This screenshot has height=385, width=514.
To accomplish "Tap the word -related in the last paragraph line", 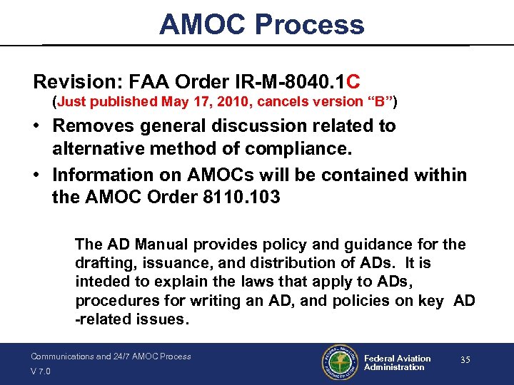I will click(x=103, y=319).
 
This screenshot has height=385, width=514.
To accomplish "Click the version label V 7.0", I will click(x=40, y=371).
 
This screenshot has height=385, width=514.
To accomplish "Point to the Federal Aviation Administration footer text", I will click(x=397, y=363).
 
